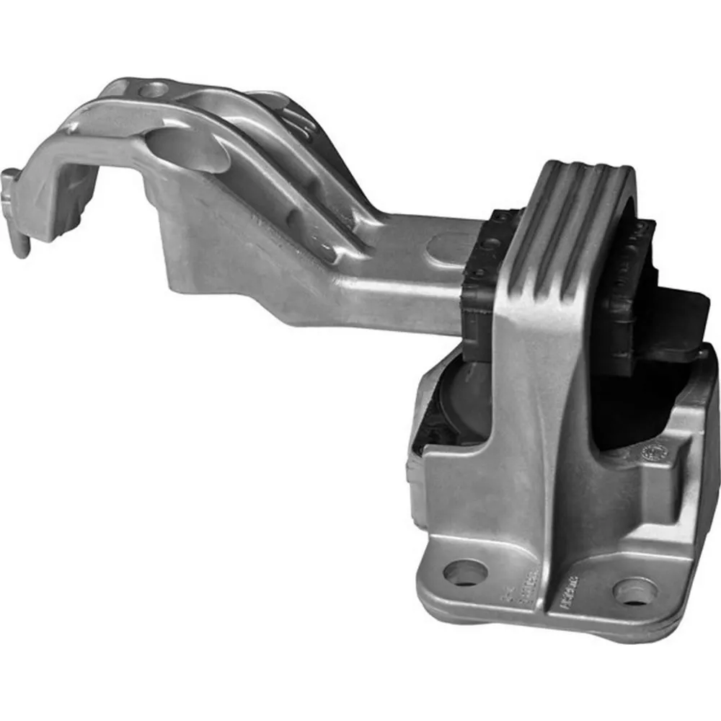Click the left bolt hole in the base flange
464,573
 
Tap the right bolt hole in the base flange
634,591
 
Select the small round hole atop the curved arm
153,90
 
